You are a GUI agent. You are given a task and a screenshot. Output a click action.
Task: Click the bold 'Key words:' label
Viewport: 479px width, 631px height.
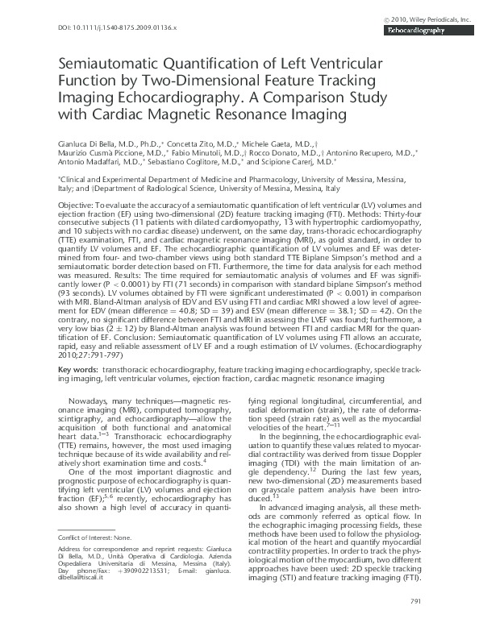click(x=79, y=370)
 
